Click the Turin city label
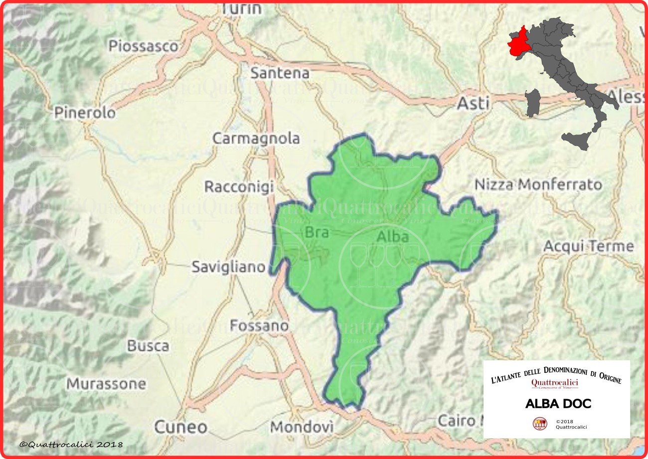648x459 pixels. point(241,8)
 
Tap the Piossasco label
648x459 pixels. point(144,46)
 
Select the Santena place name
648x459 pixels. point(280,73)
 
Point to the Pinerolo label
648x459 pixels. point(85,113)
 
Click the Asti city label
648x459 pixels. point(474,103)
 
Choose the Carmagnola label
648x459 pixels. point(256,138)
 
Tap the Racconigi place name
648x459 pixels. point(239,187)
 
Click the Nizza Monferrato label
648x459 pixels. point(538,185)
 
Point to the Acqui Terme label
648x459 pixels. point(589,246)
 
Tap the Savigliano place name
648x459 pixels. point(228,267)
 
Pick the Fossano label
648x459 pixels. point(259,326)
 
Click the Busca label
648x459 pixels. point(148,346)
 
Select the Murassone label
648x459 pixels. point(106,384)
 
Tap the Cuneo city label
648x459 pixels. point(180,427)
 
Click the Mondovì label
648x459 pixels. point(301,427)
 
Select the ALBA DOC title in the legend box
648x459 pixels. point(558,404)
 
